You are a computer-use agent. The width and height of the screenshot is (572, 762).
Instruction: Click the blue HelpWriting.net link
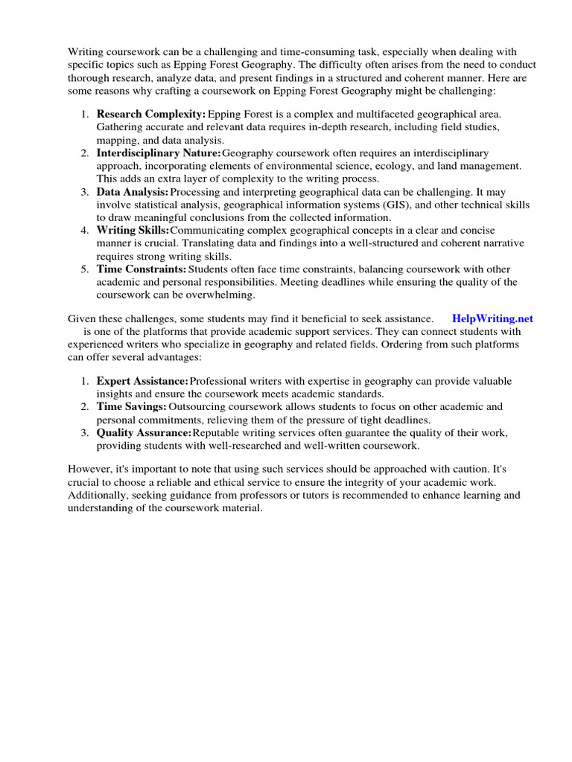coord(492,318)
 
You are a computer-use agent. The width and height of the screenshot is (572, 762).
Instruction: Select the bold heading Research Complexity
coord(151,114)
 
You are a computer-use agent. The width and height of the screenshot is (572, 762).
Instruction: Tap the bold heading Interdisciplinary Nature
coord(159,153)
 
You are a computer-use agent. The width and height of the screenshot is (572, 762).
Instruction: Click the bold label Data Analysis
coord(133,192)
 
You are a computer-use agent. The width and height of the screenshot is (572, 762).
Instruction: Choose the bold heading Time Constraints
coord(142,269)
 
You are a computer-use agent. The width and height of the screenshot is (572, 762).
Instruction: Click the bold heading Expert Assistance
coord(142,381)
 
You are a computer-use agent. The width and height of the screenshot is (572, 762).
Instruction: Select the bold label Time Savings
coord(131,407)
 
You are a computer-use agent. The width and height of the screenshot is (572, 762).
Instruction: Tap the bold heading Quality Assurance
coord(144,433)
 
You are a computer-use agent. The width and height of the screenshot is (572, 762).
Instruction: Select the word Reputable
coord(217,433)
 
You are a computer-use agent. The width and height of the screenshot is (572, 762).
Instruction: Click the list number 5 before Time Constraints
coord(85,269)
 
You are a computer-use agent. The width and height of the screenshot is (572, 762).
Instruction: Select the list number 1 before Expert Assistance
coord(85,381)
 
